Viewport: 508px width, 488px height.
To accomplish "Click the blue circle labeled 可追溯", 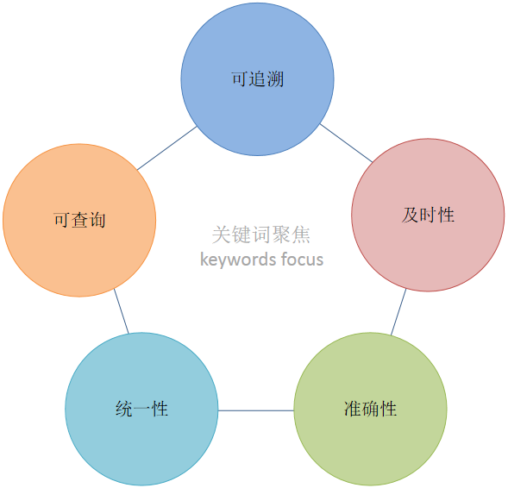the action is (x=257, y=79).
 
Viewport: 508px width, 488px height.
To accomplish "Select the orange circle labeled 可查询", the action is (x=79, y=220).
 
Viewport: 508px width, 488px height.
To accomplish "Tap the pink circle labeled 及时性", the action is (x=428, y=215).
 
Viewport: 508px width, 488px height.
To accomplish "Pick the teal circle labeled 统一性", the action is (x=141, y=409).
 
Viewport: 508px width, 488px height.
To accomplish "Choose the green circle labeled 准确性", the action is (x=370, y=409).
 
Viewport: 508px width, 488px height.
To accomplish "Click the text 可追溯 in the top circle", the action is (x=258, y=79).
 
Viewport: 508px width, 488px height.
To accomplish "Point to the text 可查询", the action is (x=79, y=220).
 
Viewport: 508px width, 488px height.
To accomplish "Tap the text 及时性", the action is (x=428, y=215).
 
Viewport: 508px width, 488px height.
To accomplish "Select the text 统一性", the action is (x=141, y=409).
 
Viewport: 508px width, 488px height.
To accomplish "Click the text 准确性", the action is (x=370, y=409).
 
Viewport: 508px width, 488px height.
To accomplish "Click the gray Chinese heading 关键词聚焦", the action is (x=261, y=235).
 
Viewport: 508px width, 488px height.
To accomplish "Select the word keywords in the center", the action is (x=238, y=260).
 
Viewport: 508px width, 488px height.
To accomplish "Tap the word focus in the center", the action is (x=302, y=260).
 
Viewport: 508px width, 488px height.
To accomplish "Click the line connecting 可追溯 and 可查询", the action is (x=166, y=148).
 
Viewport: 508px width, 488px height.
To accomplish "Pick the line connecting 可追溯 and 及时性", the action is (x=346, y=143).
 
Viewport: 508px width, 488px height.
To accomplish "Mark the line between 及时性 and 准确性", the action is (x=398, y=312).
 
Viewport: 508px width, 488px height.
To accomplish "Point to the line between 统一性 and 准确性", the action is (x=256, y=410).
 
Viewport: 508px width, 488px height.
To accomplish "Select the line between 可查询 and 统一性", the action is (x=121, y=311).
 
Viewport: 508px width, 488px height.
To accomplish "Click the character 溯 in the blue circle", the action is (x=275, y=79).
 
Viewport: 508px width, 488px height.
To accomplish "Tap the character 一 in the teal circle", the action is (x=141, y=410).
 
